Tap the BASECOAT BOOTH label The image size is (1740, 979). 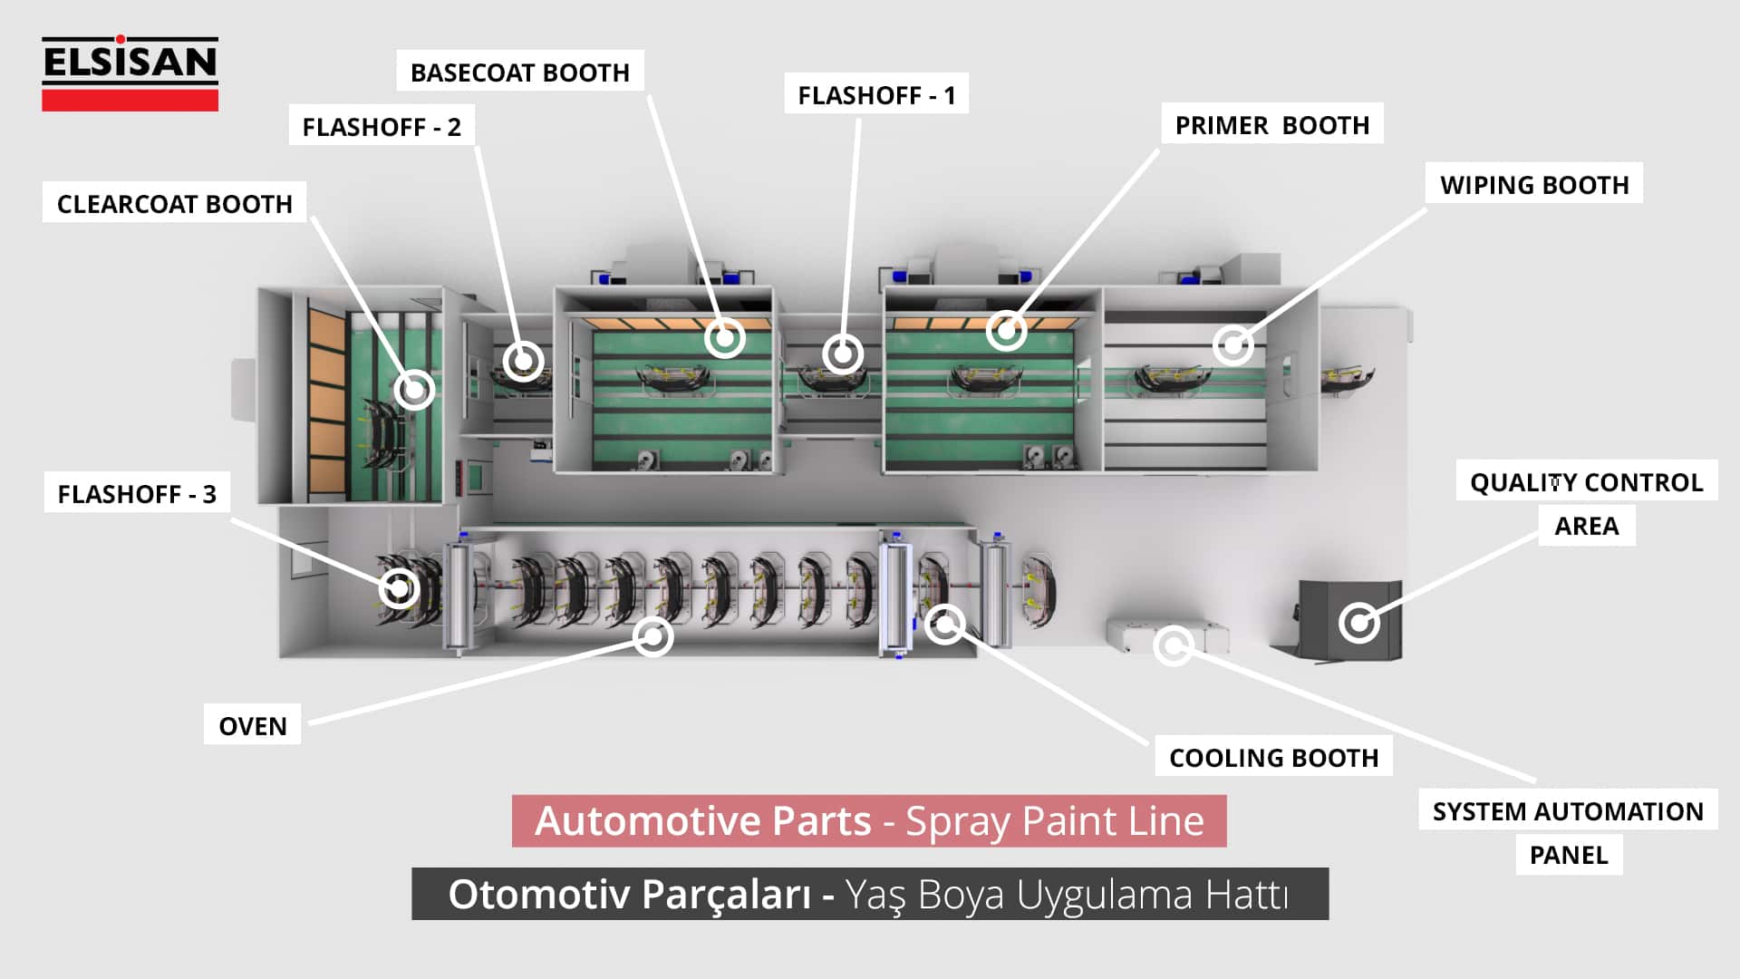click(519, 73)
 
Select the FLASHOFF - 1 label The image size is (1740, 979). click(876, 95)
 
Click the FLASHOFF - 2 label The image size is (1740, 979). click(382, 127)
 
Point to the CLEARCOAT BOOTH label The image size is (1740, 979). click(175, 204)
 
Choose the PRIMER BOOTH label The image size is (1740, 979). click(1272, 125)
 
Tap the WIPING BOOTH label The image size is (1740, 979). click(1534, 185)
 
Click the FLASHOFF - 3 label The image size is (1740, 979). click(137, 494)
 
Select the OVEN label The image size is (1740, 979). click(253, 726)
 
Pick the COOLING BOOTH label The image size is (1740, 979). click(1273, 758)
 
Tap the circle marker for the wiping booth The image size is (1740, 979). click(1232, 344)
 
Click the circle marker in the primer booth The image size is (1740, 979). click(1006, 331)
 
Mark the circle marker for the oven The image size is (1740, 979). click(652, 636)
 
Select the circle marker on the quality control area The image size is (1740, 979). click(1358, 623)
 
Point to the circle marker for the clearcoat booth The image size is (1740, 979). click(414, 390)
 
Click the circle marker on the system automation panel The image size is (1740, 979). click(1174, 645)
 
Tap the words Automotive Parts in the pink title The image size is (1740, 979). click(702, 821)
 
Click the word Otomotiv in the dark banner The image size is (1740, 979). click(539, 895)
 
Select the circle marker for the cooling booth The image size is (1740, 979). click(944, 624)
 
